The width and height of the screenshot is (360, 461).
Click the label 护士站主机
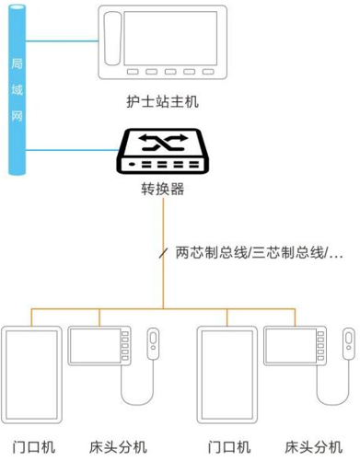point(163,101)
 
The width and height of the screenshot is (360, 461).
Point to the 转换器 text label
point(162,191)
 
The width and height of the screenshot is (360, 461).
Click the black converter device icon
point(163,154)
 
